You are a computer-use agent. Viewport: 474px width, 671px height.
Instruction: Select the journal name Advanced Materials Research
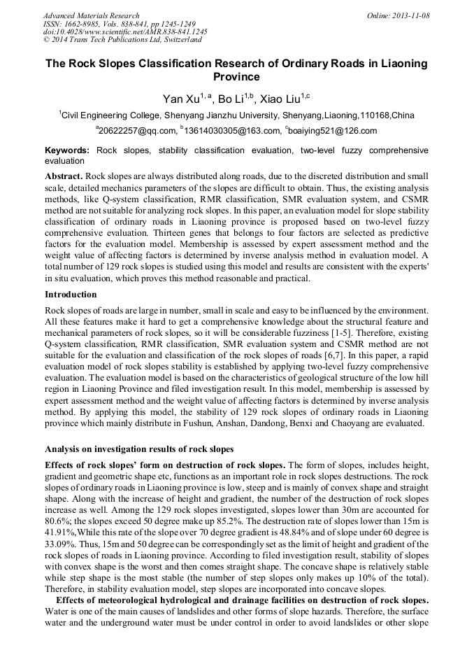91,15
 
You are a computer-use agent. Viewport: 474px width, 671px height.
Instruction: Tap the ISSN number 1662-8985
85,24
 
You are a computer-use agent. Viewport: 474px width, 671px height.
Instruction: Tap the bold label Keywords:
67,150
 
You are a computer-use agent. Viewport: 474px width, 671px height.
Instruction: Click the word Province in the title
236,76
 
